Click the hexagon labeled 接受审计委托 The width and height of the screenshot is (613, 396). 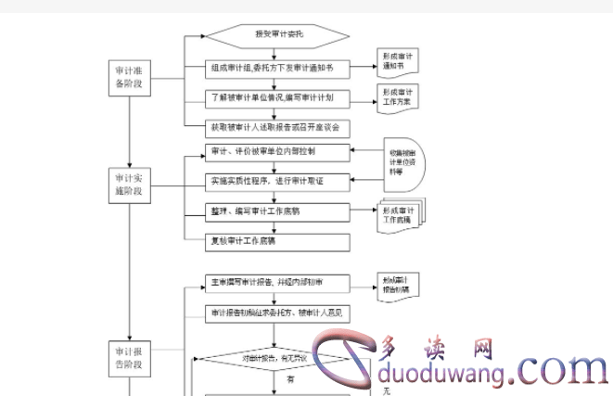coord(277,36)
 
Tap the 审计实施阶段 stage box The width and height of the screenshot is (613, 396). coord(128,184)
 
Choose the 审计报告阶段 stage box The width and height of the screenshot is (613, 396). coord(128,357)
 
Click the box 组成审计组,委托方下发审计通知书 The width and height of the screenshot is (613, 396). coord(277,68)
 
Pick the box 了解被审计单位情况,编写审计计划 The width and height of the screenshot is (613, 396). coord(277,96)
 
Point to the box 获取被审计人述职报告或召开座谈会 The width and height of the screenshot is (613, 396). coord(277,125)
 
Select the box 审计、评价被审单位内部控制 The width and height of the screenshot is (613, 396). coord(277,151)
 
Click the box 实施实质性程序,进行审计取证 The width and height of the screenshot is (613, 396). coord(277,181)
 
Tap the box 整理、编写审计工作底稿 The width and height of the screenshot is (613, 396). coord(277,211)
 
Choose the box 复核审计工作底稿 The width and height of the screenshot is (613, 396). coord(277,241)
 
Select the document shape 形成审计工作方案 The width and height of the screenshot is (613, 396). coord(398,96)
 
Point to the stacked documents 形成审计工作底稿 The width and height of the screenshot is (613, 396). coord(400,215)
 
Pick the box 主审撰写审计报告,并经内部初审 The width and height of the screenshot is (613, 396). coord(277,281)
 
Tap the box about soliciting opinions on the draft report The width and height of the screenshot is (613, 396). coord(277,313)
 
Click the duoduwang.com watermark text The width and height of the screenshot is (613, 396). coord(492,371)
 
